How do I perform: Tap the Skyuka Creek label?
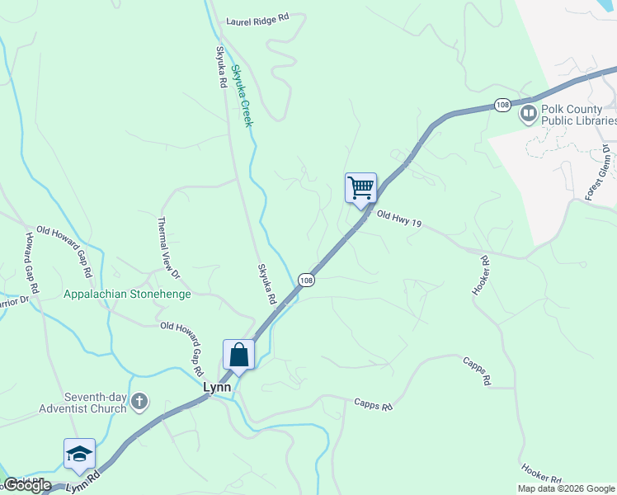[240, 96]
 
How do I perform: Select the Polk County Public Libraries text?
[579, 115]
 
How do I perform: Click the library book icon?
[529, 114]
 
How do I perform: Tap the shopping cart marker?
[360, 188]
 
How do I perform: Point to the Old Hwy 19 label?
[399, 219]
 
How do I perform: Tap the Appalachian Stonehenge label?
[127, 294]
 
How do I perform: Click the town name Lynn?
[218, 386]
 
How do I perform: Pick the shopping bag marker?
[238, 356]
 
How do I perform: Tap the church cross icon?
[139, 403]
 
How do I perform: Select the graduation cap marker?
[79, 455]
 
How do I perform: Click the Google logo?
[26, 485]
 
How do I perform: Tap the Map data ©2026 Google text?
[567, 488]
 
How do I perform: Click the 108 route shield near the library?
[502, 105]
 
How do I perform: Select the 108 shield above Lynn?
[306, 280]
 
